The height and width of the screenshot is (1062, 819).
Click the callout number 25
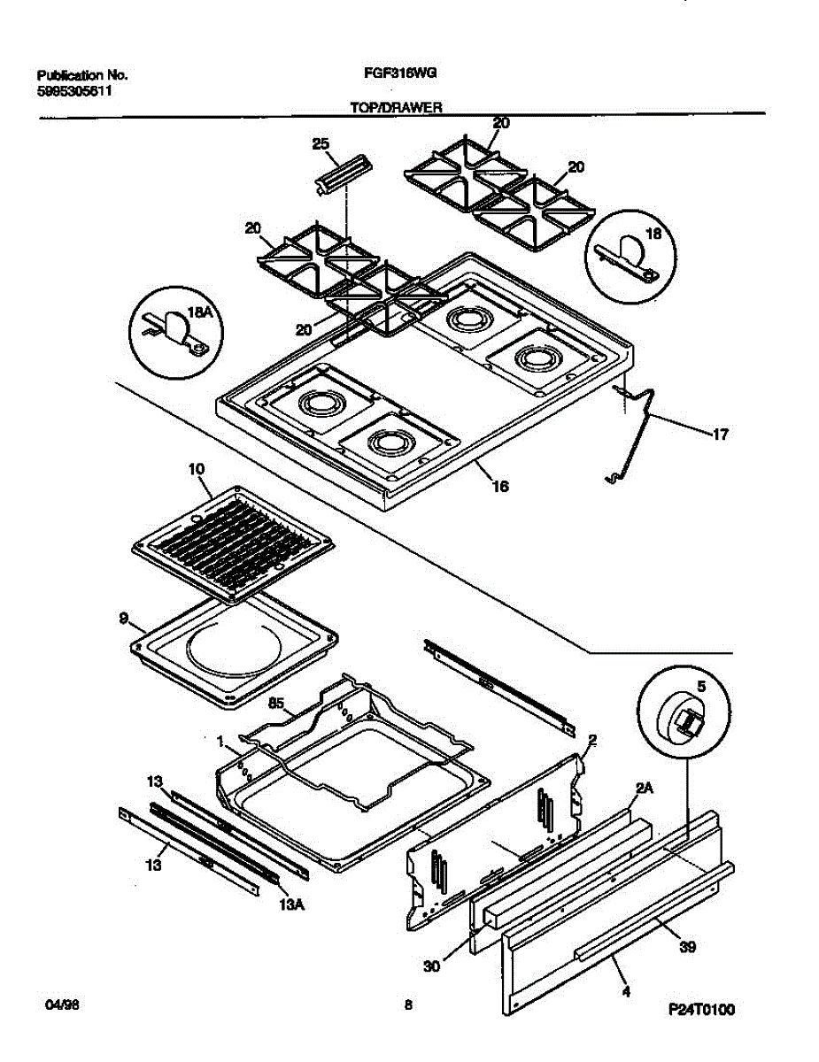pos(320,143)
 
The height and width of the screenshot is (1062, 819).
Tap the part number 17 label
pos(721,434)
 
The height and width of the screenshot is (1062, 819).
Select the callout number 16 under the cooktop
pos(500,486)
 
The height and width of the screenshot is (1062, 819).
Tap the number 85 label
pos(276,704)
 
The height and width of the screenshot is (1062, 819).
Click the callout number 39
pos(688,947)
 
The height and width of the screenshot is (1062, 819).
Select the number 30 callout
pos(432,966)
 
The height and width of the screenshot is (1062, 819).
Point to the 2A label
pos(643,788)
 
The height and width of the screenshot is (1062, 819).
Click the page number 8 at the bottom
pos(408,1004)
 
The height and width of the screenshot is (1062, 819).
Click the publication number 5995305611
pos(75,90)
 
